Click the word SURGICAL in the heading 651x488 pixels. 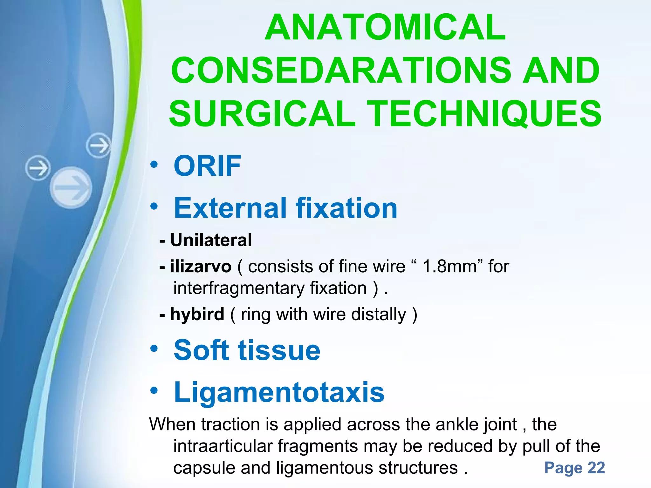[262, 113]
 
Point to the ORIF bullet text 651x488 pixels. [207, 166]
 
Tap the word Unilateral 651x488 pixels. [211, 240]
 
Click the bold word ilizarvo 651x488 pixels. [201, 266]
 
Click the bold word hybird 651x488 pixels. [197, 314]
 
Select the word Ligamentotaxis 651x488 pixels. [279, 393]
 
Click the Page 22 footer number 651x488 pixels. [574, 468]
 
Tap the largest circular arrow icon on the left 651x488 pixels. [71, 187]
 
